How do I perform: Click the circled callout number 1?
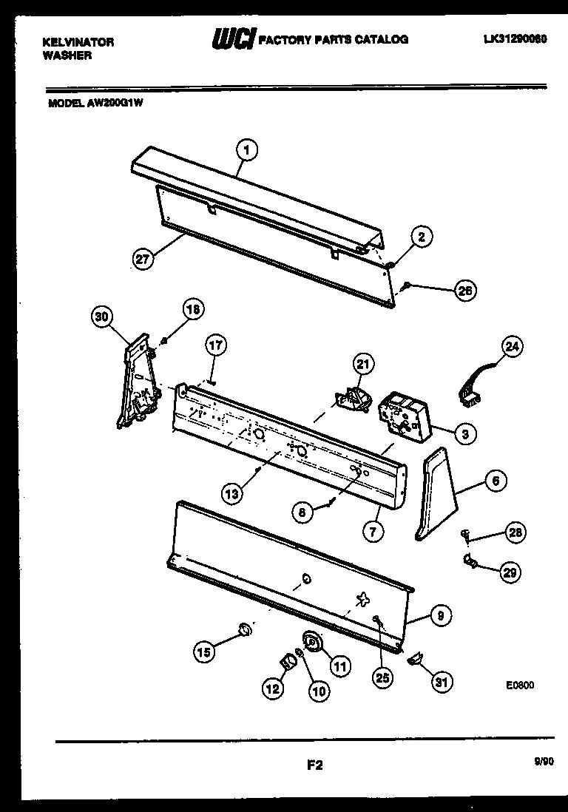tap(248, 150)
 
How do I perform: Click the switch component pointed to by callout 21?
tap(352, 397)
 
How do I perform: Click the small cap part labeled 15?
tap(243, 629)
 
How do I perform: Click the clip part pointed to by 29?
tap(469, 564)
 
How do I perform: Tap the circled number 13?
tap(233, 492)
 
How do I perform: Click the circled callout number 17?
tap(216, 345)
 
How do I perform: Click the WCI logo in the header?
tap(232, 39)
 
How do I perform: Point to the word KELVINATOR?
tap(78, 42)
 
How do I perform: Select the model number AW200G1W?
tap(116, 104)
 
